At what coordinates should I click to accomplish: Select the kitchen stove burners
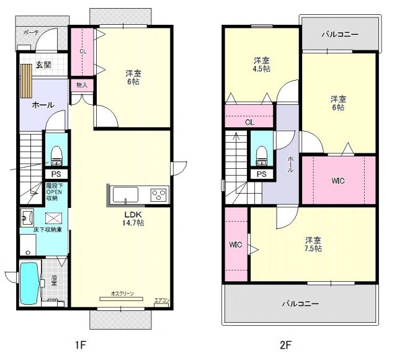coord(158,195)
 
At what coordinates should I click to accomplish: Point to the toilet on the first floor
coord(56,153)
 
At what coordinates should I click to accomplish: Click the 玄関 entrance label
coord(42,65)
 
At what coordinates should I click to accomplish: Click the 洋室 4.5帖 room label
coord(261,65)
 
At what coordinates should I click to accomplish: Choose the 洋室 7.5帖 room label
coord(313,243)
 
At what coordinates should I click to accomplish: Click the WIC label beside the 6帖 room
coord(338,181)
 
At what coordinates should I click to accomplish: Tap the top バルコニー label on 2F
coord(339,35)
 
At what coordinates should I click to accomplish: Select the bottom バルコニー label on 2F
coord(300,304)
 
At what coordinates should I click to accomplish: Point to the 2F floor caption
coord(285,343)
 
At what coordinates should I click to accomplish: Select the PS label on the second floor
coord(261,174)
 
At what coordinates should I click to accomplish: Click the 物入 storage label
coord(82,84)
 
